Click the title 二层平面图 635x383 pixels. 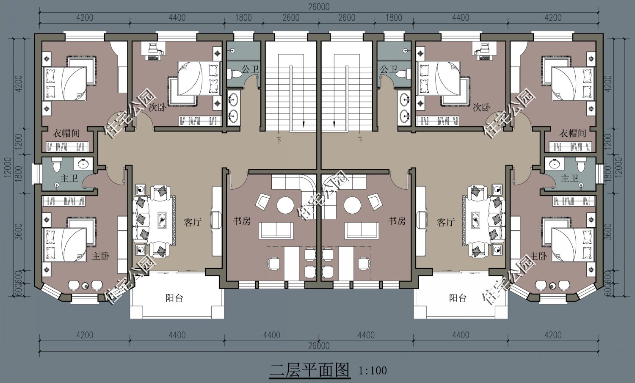[309, 371]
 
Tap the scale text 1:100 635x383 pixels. [373, 371]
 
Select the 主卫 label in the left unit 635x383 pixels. [69, 178]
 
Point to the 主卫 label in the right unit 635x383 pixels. [569, 178]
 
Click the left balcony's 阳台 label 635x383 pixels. [174, 298]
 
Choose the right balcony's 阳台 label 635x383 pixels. [458, 298]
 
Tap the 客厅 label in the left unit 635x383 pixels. [193, 222]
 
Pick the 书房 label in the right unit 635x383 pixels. [397, 221]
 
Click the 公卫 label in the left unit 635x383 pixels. [250, 69]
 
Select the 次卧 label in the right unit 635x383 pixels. [482, 107]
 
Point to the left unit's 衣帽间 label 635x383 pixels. [66, 133]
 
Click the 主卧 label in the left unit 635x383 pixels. [101, 256]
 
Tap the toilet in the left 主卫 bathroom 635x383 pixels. [56, 165]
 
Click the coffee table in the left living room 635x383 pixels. [162, 219]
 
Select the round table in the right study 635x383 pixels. [352, 205]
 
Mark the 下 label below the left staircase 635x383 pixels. [279, 140]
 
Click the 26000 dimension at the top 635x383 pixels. [319, 7]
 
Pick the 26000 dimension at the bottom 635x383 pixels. [319, 346]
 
